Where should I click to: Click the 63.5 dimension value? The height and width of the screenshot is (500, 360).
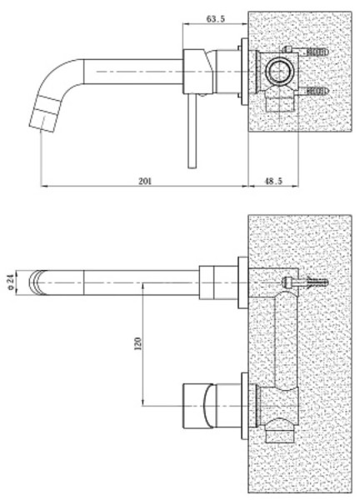pyautogui.click(x=216, y=19)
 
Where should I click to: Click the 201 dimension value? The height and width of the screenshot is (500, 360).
pyautogui.click(x=145, y=181)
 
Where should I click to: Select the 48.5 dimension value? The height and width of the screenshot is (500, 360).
pyautogui.click(x=273, y=181)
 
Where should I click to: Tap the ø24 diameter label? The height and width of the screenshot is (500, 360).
pyautogui.click(x=11, y=282)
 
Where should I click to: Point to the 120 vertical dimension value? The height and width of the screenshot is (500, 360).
pyautogui.click(x=138, y=343)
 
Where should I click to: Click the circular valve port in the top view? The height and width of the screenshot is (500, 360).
pyautogui.click(x=280, y=72)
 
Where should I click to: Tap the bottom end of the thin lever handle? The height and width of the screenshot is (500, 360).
pyautogui.click(x=192, y=167)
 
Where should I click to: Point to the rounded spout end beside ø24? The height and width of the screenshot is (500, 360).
pyautogui.click(x=38, y=282)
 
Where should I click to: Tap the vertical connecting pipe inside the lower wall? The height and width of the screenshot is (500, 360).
pyautogui.click(x=286, y=341)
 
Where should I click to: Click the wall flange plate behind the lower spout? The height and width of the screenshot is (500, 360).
pyautogui.click(x=243, y=282)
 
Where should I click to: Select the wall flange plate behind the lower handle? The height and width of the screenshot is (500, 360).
pyautogui.click(x=245, y=406)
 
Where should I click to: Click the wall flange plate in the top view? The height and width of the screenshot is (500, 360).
pyautogui.click(x=245, y=72)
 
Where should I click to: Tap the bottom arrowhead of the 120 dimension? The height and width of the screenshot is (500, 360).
pyautogui.click(x=142, y=402)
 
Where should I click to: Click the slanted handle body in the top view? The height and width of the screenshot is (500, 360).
pyautogui.click(x=197, y=72)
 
